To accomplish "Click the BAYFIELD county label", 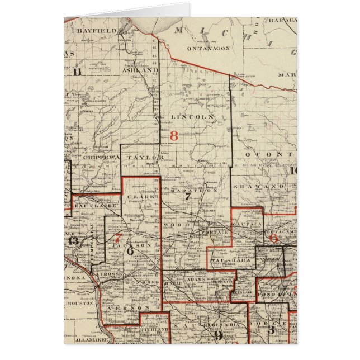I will tap(97, 31).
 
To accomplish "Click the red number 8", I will tap(173, 135).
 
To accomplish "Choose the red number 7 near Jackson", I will tap(118, 237).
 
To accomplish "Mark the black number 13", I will tap(73, 240).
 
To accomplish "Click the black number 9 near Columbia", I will tap(219, 335).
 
